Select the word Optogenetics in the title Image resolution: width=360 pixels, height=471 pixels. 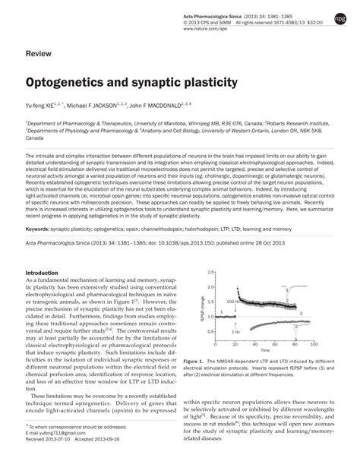point(66,80)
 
